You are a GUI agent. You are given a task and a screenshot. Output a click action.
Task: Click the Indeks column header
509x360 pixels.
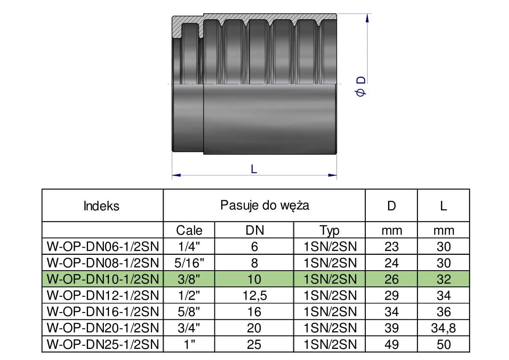(x=102, y=206)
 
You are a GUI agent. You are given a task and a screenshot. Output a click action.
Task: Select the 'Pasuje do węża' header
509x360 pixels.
(x=265, y=205)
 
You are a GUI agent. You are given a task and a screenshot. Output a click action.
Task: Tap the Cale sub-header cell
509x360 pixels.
(x=189, y=231)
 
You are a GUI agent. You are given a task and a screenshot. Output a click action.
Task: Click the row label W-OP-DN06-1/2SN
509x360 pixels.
(x=103, y=247)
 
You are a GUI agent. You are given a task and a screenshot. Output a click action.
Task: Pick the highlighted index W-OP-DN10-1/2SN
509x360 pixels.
(x=103, y=280)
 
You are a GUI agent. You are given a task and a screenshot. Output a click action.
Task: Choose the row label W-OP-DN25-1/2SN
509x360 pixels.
(x=103, y=345)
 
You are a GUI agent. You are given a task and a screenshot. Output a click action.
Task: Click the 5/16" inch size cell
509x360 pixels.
(x=189, y=263)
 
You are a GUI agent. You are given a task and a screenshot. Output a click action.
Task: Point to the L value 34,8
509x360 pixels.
(x=444, y=328)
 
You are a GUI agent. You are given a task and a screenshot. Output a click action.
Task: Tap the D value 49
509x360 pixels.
(x=391, y=345)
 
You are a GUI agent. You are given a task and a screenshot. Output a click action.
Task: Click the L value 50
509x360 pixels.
(x=444, y=345)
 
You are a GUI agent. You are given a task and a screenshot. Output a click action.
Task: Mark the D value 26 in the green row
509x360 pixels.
(x=391, y=280)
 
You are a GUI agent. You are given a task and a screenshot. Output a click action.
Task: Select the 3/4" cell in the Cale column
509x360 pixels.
(x=189, y=328)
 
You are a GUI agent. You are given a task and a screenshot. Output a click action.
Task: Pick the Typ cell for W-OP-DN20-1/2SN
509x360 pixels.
(x=330, y=328)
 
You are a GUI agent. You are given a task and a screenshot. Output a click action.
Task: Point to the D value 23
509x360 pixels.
(x=391, y=247)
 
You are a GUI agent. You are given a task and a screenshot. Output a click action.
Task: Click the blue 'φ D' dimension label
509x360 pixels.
(x=361, y=86)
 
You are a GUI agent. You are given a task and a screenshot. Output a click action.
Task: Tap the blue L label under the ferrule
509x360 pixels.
(x=254, y=169)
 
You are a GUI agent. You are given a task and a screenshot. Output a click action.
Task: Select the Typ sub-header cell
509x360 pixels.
(x=330, y=231)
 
